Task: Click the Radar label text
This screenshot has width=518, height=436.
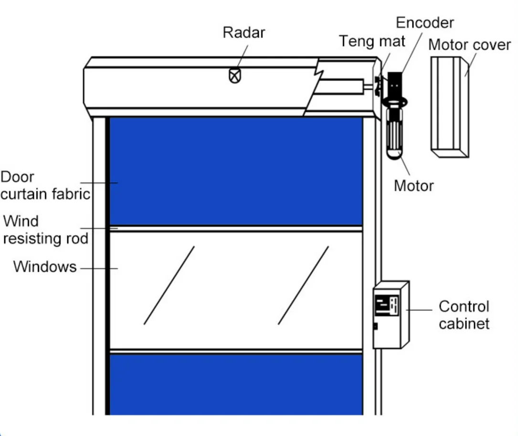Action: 243,33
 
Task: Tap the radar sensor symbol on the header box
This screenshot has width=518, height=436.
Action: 234,76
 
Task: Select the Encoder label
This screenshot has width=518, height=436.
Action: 425,22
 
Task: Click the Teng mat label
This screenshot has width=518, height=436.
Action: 372,42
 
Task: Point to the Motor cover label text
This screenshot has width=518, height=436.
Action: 469,45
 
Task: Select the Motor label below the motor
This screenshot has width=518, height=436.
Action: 413,186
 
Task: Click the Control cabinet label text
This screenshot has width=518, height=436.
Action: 464,315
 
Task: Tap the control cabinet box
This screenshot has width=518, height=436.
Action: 391,325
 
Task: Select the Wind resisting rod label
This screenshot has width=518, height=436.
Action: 45,230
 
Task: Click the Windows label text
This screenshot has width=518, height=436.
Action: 44,266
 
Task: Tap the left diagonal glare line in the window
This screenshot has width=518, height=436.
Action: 169,286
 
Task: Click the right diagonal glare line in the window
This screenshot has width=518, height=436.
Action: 303,286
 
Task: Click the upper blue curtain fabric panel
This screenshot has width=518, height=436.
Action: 236,170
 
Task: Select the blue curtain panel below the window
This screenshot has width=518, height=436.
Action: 236,384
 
